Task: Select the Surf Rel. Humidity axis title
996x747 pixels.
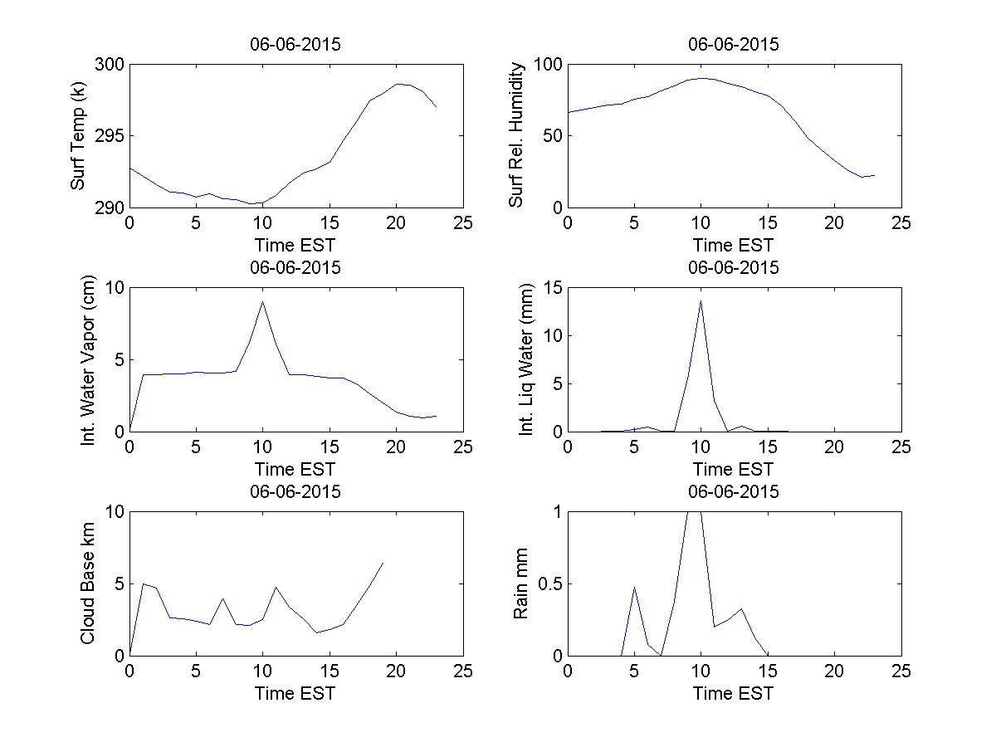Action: (x=517, y=135)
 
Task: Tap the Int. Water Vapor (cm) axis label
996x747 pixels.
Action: (x=89, y=359)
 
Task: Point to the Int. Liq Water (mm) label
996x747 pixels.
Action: (x=525, y=359)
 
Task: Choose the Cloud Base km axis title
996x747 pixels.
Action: (x=87, y=583)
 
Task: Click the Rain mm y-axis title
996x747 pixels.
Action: (x=521, y=583)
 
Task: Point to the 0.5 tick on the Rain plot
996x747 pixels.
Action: (x=544, y=583)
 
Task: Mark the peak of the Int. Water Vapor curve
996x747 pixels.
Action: (x=262, y=301)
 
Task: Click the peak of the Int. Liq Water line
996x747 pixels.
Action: (x=701, y=300)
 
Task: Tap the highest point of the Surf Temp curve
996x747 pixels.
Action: (x=398, y=84)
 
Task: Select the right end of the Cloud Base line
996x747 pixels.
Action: (x=383, y=563)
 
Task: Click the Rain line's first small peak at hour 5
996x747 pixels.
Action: (x=635, y=587)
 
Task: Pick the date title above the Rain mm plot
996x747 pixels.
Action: (x=734, y=492)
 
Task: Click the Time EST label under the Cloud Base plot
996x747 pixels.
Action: (x=295, y=693)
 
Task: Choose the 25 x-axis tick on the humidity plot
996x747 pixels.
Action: (x=901, y=223)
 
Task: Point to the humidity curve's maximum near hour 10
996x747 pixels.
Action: (x=702, y=78)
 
